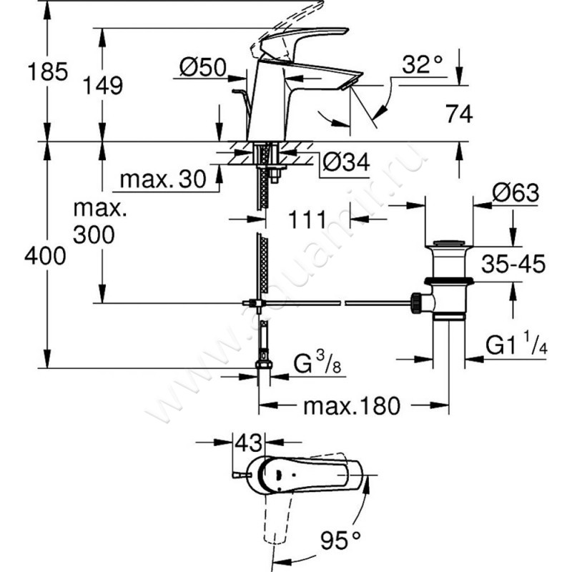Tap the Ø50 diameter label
point(202,69)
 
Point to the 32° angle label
point(420,66)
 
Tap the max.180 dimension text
point(350,407)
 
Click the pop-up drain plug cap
point(448,246)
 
